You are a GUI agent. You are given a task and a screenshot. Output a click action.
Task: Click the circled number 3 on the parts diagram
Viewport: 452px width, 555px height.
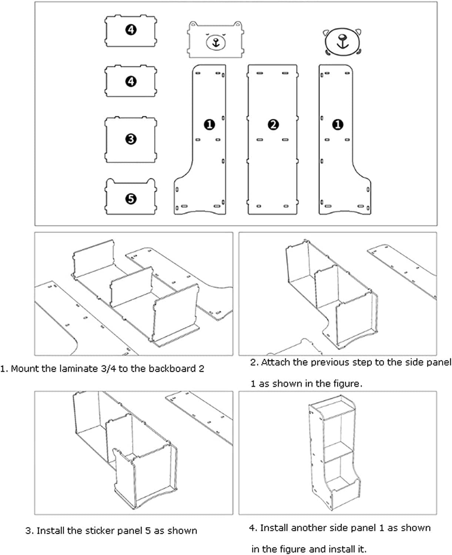tap(131, 139)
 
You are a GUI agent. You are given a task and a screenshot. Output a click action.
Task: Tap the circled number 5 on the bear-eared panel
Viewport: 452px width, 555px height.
tap(131, 199)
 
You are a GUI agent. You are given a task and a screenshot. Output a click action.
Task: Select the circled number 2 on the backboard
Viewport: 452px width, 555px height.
tap(273, 125)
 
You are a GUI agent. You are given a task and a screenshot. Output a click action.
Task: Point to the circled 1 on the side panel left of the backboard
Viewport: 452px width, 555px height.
tap(210, 125)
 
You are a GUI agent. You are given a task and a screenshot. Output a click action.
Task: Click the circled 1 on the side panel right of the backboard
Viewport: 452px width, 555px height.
tap(338, 125)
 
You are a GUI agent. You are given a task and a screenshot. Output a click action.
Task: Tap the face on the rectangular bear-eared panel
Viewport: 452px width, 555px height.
tap(215, 41)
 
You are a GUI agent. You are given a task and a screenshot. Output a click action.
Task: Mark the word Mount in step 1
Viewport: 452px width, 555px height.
tap(24, 369)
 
